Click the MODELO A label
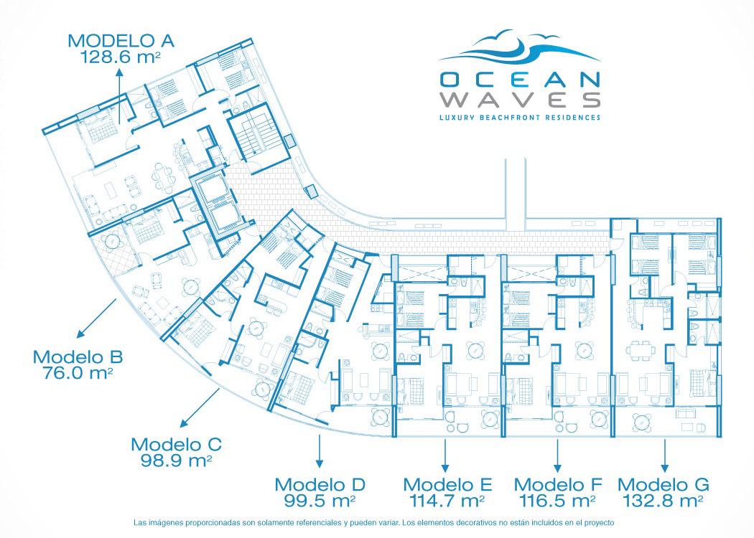click(121, 41)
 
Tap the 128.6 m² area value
click(120, 57)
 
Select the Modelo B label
click(78, 357)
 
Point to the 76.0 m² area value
click(78, 373)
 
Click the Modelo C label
click(177, 444)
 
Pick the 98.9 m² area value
click(177, 461)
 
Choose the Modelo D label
click(320, 485)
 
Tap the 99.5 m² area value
click(320, 501)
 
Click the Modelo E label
click(447, 485)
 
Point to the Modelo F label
click(558, 485)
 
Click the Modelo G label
click(664, 485)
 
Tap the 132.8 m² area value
click(664, 501)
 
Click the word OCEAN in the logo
click(520, 80)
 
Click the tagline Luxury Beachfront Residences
click(520, 117)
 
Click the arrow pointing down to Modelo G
click(664, 456)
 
